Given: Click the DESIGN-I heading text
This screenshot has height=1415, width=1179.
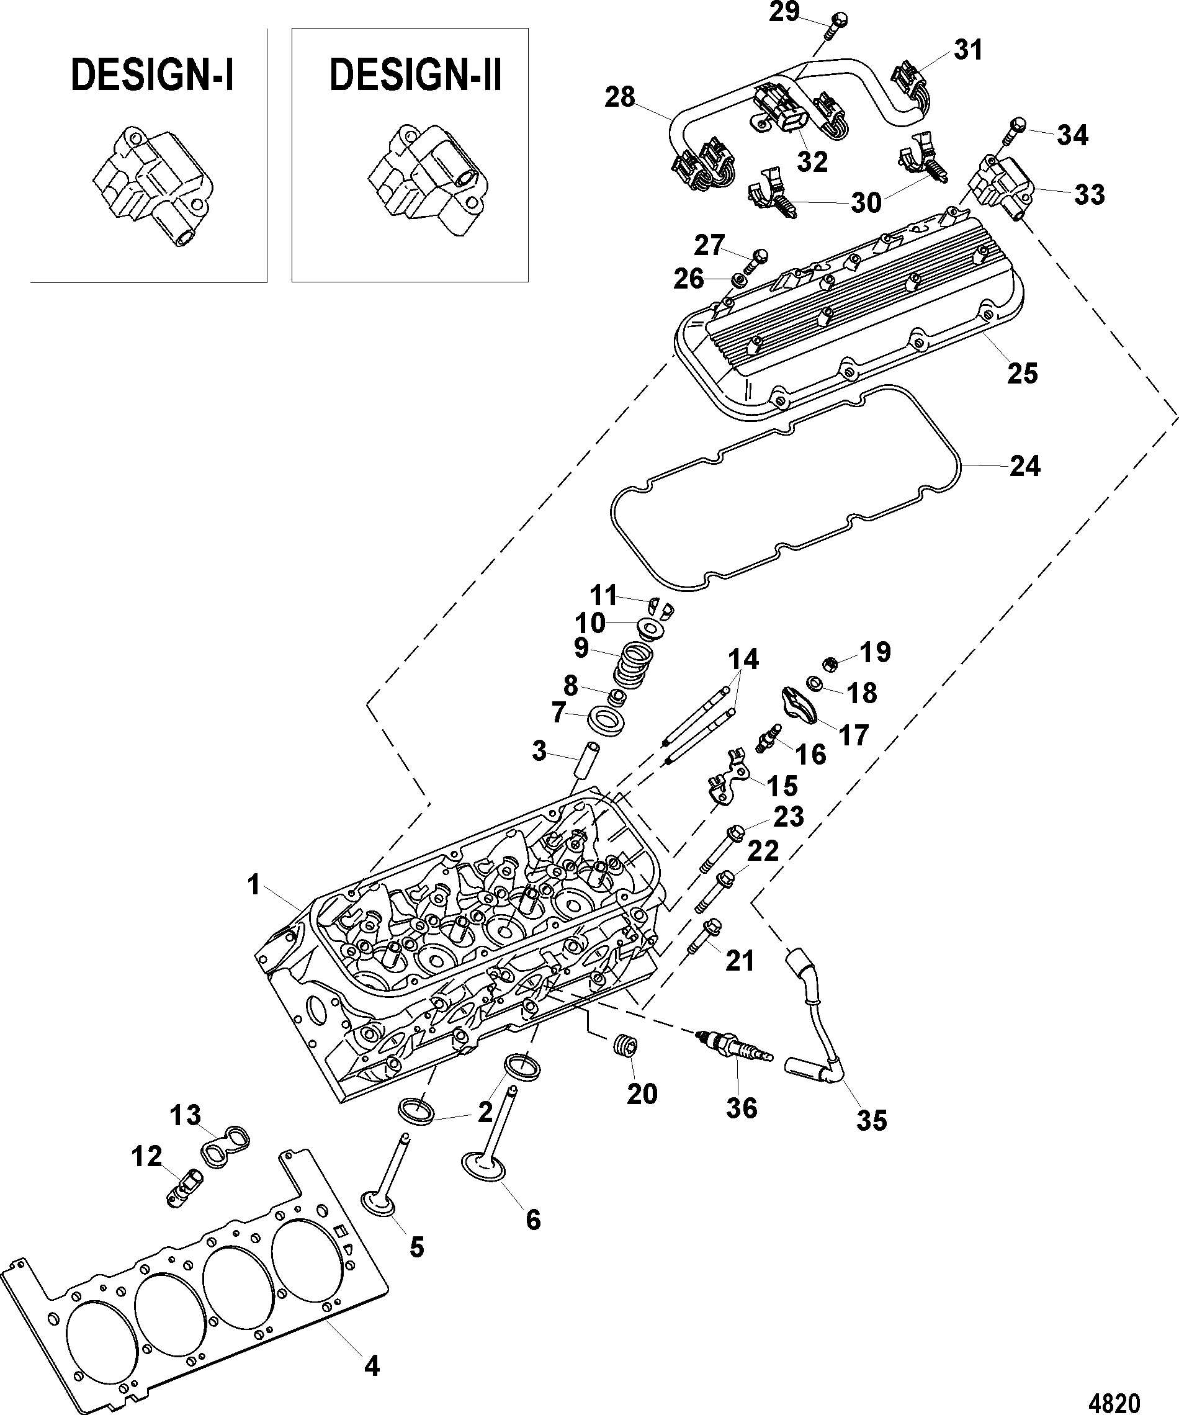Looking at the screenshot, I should click(x=152, y=75).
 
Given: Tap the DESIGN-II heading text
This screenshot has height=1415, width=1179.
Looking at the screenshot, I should click(x=415, y=75).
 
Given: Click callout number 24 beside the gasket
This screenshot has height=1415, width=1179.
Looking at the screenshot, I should click(x=1024, y=466).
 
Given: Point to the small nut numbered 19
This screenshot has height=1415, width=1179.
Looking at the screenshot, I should click(x=832, y=663).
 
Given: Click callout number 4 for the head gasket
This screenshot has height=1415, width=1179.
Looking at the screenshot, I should click(x=371, y=1366).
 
